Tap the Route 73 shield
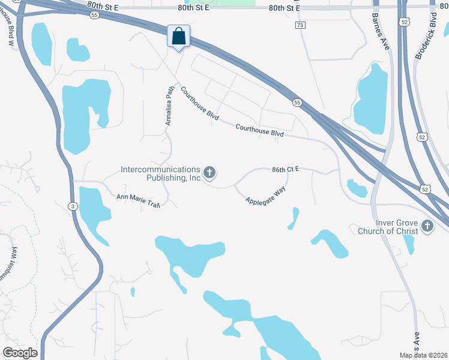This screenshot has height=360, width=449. click(x=300, y=25)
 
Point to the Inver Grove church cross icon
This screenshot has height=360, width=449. click(x=427, y=226)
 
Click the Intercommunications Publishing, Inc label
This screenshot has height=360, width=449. click(x=160, y=173)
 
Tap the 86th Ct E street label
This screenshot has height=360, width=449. click(x=285, y=170)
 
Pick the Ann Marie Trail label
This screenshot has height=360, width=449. click(x=137, y=200)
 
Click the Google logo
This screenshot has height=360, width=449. click(x=20, y=353)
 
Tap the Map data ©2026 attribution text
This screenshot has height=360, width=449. click(x=423, y=355)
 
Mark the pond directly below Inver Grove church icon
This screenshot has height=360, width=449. click(x=409, y=243)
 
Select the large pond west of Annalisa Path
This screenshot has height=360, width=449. click(x=84, y=114)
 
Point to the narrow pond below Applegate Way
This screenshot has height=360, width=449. click(x=294, y=218)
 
